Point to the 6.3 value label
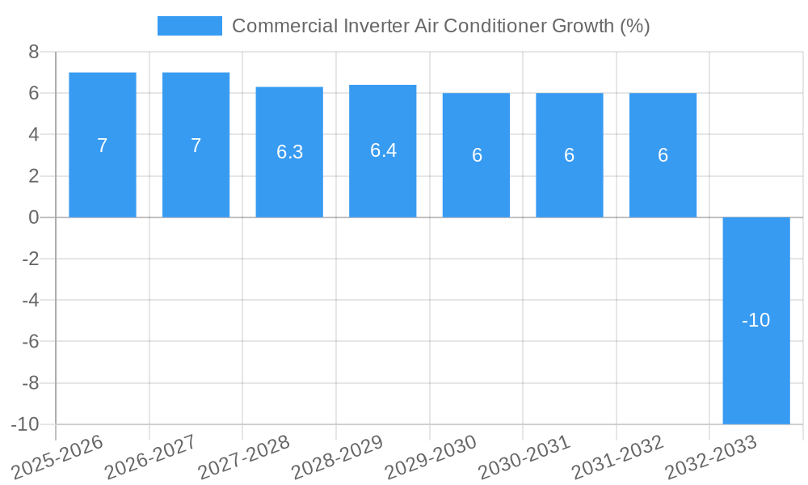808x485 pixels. coord(289,152)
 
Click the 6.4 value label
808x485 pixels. coord(383,150)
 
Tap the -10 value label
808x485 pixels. coord(755,320)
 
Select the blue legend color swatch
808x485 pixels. coord(189,26)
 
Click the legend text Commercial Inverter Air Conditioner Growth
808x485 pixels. coord(440,26)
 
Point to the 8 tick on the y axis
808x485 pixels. coord(33,52)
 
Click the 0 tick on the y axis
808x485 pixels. coord(33,217)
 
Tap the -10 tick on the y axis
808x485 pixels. coord(25,424)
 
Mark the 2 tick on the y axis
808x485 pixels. coord(33,176)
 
